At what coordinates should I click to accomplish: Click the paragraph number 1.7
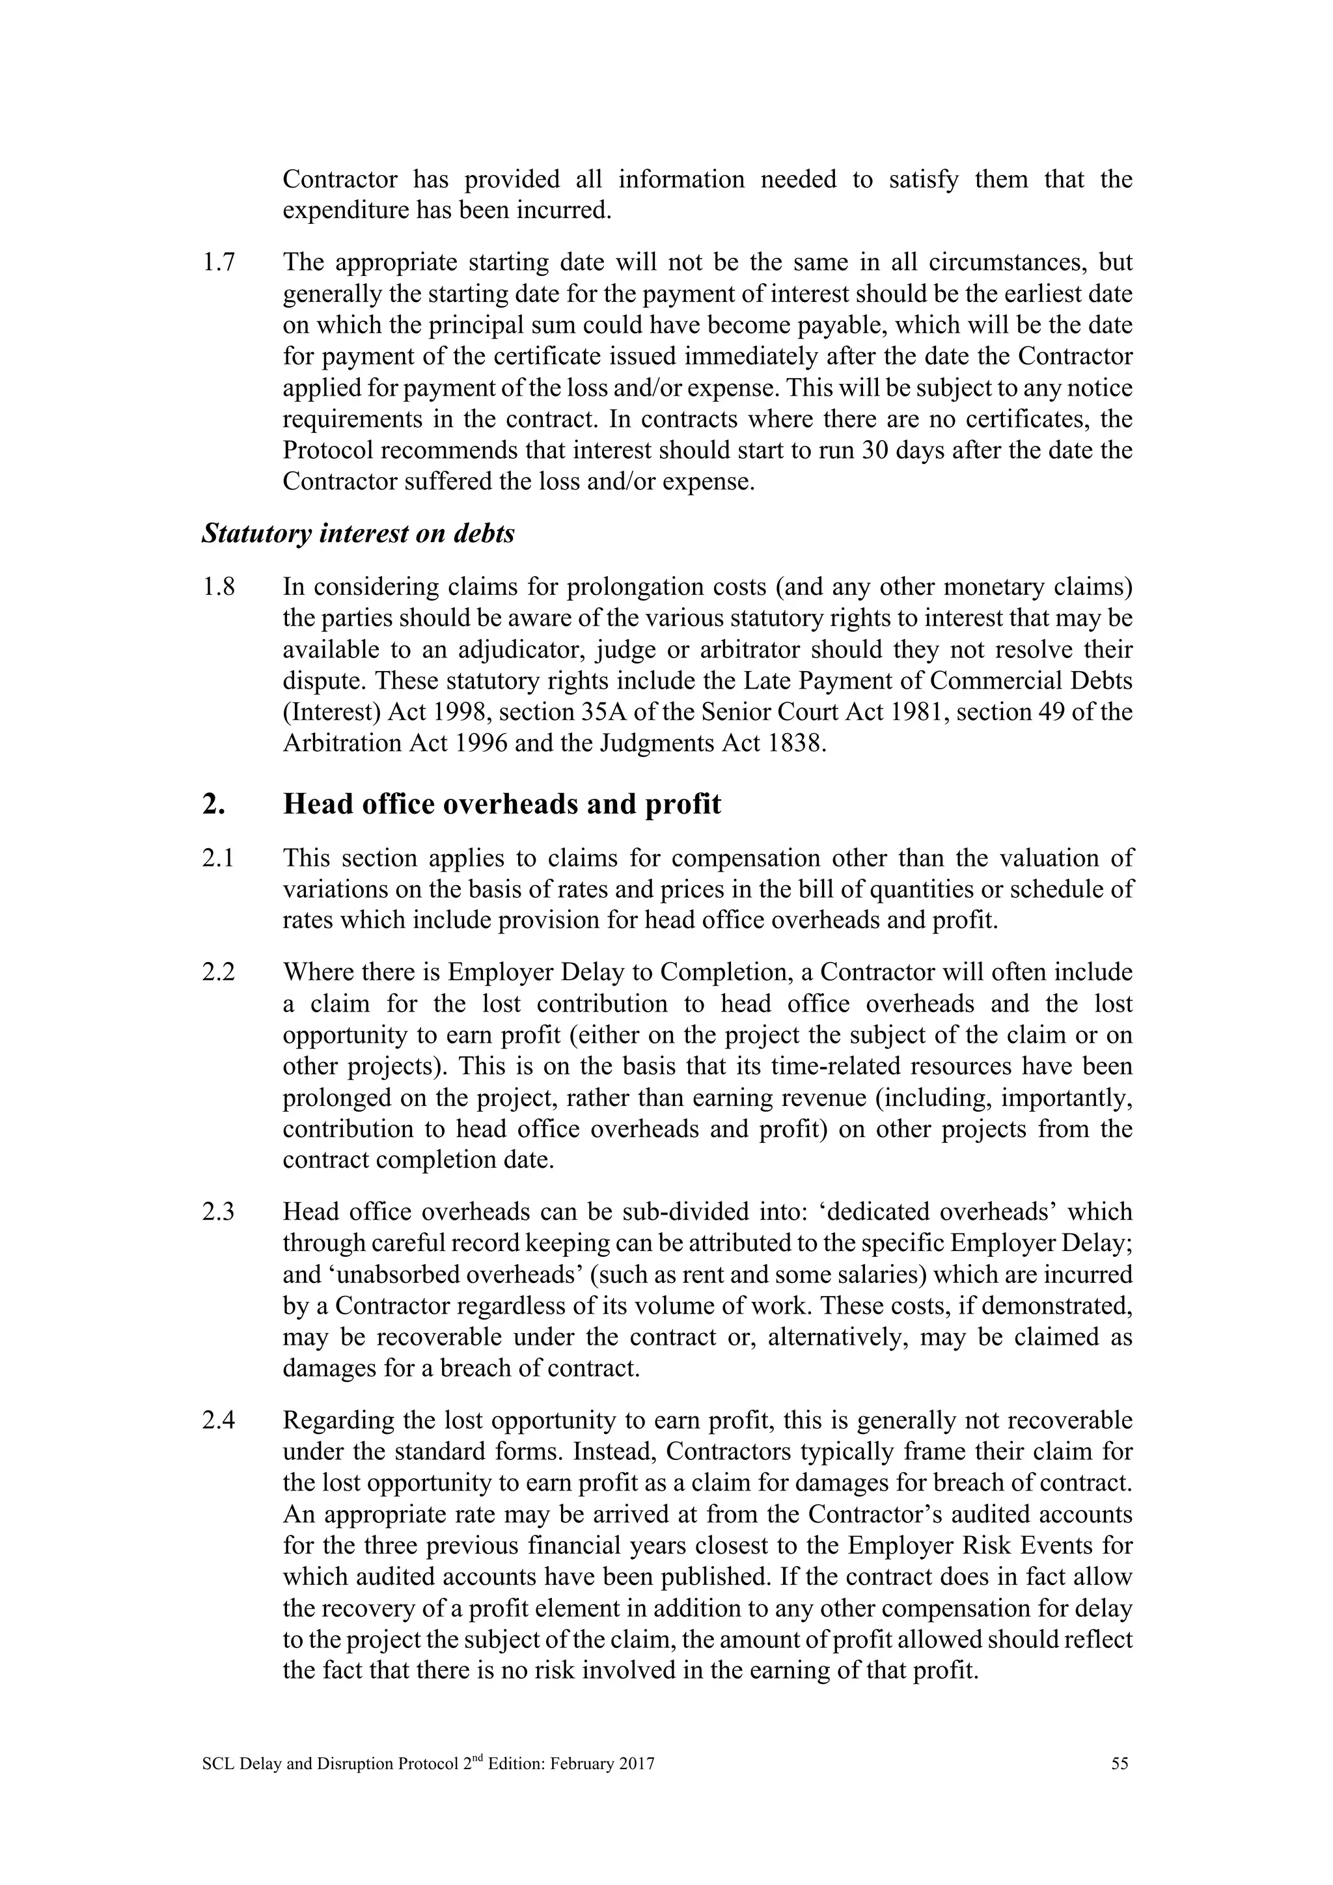[x=217, y=263]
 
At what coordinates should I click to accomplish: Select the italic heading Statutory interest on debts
[x=358, y=534]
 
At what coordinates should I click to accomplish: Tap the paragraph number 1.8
[x=217, y=587]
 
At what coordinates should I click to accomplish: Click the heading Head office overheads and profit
[x=502, y=804]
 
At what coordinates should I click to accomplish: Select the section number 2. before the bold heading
[x=213, y=804]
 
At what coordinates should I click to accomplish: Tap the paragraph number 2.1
[x=217, y=858]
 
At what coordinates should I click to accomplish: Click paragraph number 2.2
[x=217, y=973]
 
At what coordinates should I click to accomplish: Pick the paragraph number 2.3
[x=217, y=1212]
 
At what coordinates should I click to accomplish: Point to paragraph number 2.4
[x=217, y=1420]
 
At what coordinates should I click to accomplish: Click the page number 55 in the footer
[x=1120, y=1763]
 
